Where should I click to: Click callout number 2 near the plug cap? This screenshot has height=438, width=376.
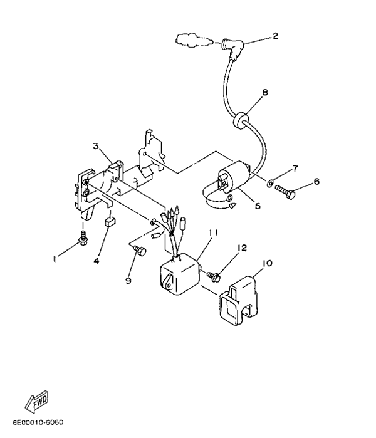click(274, 36)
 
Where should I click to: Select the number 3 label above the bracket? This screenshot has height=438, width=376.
click(96, 145)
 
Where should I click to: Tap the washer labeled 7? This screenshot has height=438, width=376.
click(270, 185)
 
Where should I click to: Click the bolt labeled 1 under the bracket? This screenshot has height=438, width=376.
click(83, 237)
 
